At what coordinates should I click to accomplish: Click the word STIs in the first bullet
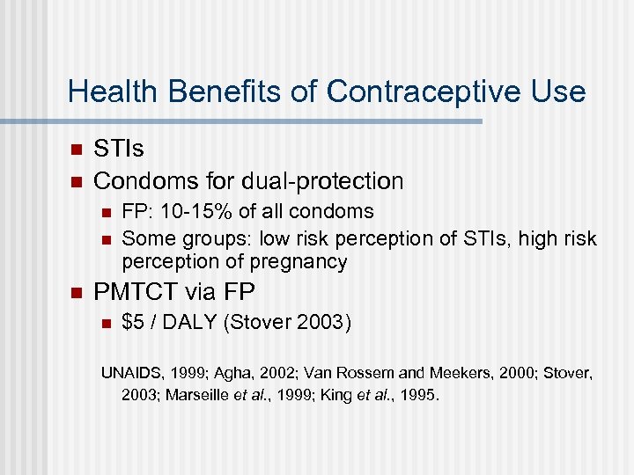pos(118,150)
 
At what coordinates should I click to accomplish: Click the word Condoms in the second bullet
pos(136,181)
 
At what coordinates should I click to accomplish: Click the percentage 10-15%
pos(179,212)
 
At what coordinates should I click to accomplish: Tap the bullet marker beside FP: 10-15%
pos(105,212)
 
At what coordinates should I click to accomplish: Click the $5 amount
pos(133,323)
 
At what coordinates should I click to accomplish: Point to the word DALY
pos(188,323)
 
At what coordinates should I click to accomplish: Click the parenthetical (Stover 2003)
pos(287,323)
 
